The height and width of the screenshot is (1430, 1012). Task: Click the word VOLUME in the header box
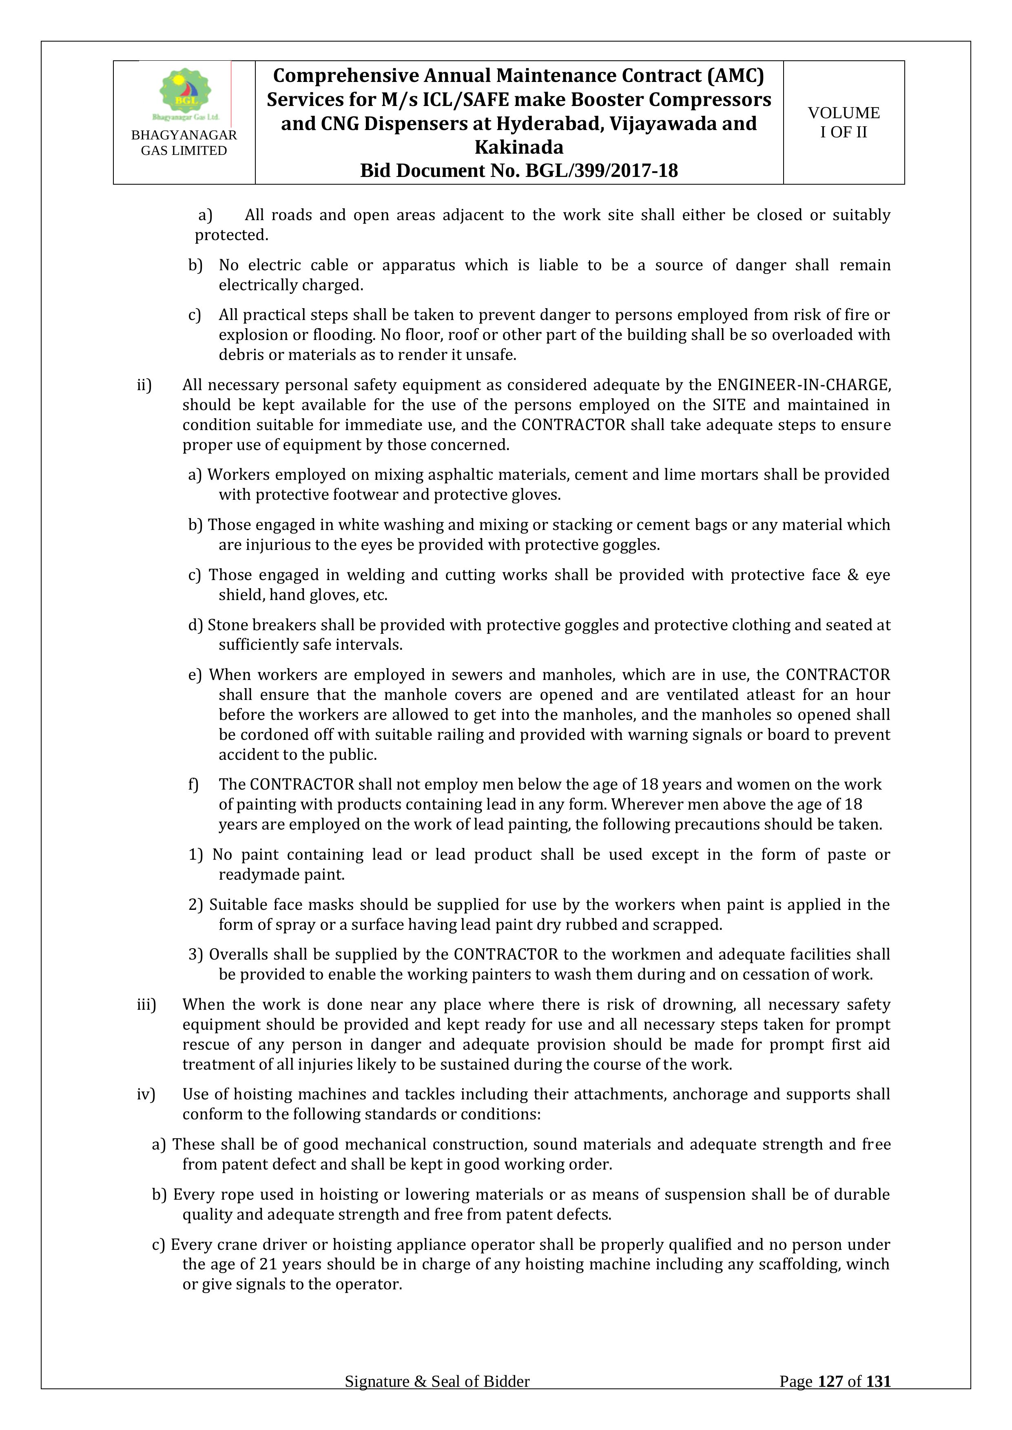coord(844,113)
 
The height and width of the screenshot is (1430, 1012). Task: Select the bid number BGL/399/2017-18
coord(602,171)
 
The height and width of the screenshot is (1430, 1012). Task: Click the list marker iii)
coord(146,1004)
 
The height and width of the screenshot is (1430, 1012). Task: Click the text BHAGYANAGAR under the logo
coord(184,135)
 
